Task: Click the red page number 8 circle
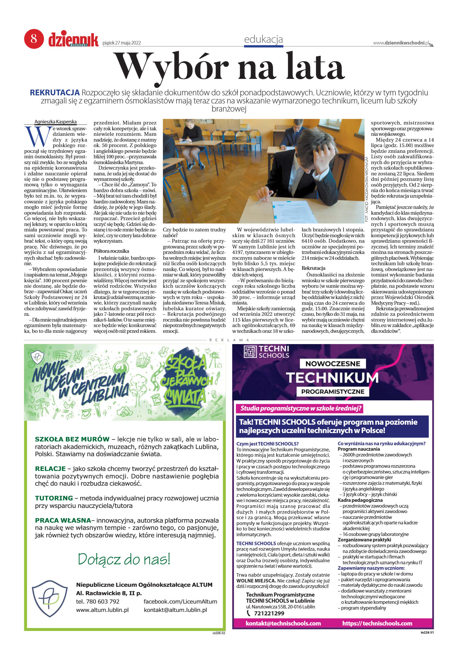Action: coord(34,38)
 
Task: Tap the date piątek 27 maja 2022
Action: coord(122,43)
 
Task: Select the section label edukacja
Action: coord(263,39)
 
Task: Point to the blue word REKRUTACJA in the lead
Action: coord(55,93)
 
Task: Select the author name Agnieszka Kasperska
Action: coord(55,122)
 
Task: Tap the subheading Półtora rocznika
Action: coord(111,251)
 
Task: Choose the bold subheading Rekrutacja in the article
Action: coord(313,268)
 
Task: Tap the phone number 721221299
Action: coord(269,613)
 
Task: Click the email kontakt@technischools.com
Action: coord(283,623)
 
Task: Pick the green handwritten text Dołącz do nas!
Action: coord(124,559)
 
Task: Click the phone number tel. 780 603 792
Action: coord(98,601)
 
